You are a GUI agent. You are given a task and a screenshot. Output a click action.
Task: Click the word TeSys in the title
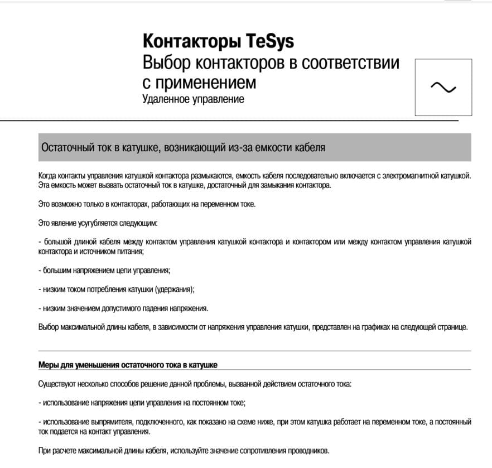pyautogui.click(x=269, y=42)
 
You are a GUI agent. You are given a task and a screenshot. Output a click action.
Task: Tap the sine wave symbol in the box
pyautogui.click(x=443, y=87)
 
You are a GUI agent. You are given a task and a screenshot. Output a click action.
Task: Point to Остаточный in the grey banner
pyautogui.click(x=66, y=148)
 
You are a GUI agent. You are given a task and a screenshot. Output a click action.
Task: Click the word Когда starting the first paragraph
pyautogui.click(x=49, y=175)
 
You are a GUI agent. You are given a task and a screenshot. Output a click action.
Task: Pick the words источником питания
pyautogui.click(x=112, y=252)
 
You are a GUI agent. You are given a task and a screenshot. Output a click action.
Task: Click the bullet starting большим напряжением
pyautogui.click(x=104, y=271)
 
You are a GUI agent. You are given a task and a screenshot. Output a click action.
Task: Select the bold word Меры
pyautogui.click(x=48, y=365)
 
